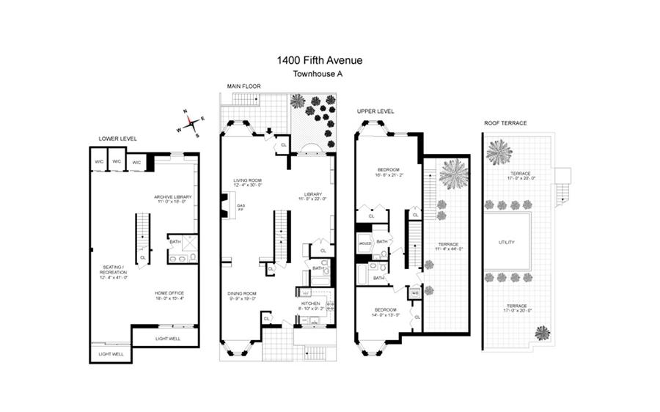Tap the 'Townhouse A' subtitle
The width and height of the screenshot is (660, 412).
[x=319, y=74]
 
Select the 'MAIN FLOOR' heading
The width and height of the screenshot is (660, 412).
[x=244, y=86]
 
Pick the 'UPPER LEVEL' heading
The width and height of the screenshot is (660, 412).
[x=375, y=111]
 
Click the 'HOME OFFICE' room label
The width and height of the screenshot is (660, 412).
[x=169, y=294]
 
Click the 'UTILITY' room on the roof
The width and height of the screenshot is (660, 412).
[x=506, y=242]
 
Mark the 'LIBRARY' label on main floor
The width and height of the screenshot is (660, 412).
[x=307, y=194]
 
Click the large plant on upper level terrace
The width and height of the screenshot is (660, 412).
[x=452, y=174]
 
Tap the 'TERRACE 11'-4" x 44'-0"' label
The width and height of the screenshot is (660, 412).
[x=447, y=246]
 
